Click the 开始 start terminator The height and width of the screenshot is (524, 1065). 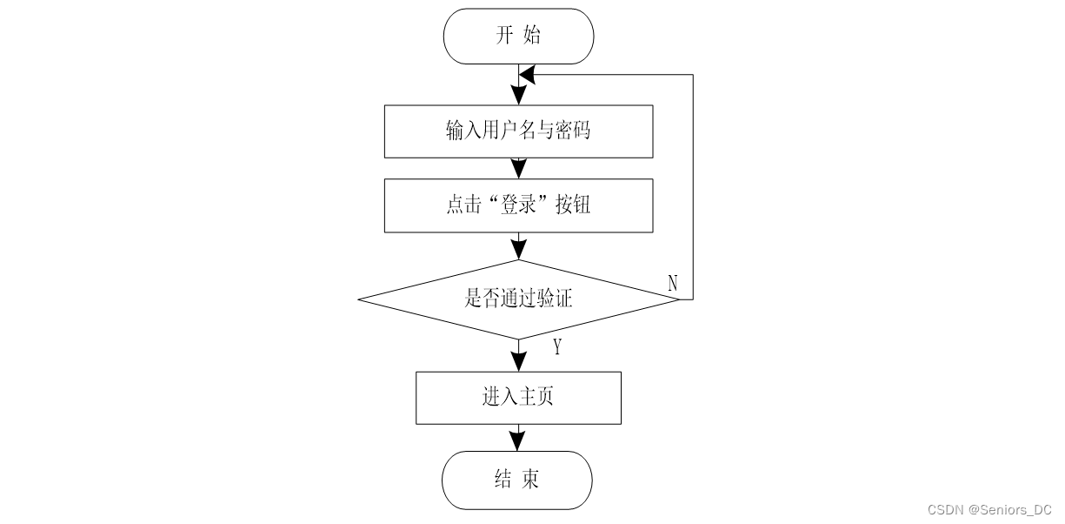click(x=518, y=37)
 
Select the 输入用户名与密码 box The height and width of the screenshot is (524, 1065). click(x=519, y=131)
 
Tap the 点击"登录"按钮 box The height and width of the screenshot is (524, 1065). click(x=519, y=205)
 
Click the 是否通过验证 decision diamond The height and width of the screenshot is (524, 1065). click(x=519, y=299)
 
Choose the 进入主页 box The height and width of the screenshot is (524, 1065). click(x=518, y=398)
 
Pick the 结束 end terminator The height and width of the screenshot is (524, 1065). click(x=517, y=480)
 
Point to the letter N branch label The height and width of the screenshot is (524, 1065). click(x=672, y=283)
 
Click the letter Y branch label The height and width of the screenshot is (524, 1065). click(x=557, y=347)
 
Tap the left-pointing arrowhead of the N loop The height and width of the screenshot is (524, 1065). click(x=527, y=75)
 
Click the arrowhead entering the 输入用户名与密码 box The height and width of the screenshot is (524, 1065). click(x=519, y=95)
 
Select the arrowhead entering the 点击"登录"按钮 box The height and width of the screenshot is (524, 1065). click(x=519, y=169)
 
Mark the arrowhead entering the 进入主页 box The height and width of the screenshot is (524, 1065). click(x=519, y=362)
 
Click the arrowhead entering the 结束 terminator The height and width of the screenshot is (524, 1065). click(x=517, y=441)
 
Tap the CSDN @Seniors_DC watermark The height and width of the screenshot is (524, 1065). click(x=989, y=510)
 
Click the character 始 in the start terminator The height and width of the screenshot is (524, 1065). click(x=532, y=35)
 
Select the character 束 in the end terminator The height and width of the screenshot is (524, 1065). click(x=530, y=479)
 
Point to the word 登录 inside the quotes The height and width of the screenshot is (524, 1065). click(x=519, y=205)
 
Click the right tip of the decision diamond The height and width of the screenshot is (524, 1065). click(x=680, y=299)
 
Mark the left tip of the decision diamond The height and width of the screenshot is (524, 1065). click(x=358, y=299)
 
